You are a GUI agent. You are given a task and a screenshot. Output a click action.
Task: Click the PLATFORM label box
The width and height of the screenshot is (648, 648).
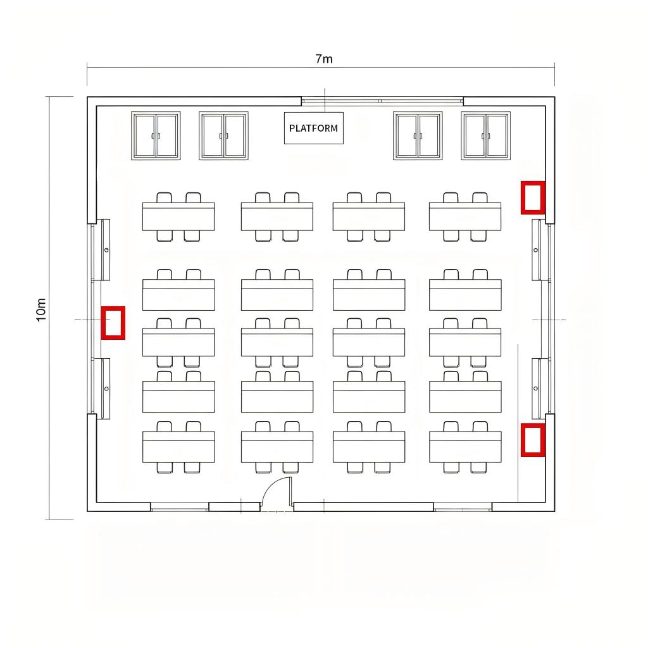(314, 128)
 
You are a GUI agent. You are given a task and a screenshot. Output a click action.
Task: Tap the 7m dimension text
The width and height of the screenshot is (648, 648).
(324, 59)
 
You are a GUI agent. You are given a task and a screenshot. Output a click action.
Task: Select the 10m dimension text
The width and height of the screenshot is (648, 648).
(41, 309)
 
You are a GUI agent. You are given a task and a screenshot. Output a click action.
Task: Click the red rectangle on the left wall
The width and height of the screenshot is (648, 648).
(113, 323)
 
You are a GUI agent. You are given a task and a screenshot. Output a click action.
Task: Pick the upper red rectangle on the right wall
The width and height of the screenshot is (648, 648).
(533, 197)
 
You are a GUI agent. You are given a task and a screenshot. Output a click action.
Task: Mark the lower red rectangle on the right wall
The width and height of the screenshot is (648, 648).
(533, 440)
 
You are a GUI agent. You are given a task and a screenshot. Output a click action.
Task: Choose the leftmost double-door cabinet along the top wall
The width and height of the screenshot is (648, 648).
(156, 135)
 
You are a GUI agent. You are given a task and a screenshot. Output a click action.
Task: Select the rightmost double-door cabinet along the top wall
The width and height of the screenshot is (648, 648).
(485, 135)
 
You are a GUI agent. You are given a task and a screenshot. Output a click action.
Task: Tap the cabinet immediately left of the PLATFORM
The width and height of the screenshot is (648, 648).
(223, 135)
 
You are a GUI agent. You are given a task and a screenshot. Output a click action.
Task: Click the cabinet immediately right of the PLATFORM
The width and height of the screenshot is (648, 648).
(418, 135)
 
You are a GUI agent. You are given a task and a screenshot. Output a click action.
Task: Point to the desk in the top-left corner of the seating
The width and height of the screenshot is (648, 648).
(178, 216)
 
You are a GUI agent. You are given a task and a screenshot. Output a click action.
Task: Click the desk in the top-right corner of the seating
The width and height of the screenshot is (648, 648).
(465, 216)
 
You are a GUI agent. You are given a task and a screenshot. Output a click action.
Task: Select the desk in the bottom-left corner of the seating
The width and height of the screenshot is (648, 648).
(178, 447)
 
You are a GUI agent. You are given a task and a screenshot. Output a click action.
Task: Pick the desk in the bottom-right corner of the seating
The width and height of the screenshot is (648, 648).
(465, 447)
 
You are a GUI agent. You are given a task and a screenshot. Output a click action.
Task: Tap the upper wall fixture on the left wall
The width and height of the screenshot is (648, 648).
(106, 249)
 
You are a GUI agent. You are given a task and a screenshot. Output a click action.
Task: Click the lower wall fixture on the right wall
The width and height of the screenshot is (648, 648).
(536, 389)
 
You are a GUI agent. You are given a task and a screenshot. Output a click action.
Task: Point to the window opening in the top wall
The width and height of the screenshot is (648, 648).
(382, 101)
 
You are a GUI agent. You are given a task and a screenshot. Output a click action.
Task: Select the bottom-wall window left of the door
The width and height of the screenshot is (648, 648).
(179, 507)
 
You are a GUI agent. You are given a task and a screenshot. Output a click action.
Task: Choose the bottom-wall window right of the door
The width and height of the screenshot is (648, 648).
(463, 507)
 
